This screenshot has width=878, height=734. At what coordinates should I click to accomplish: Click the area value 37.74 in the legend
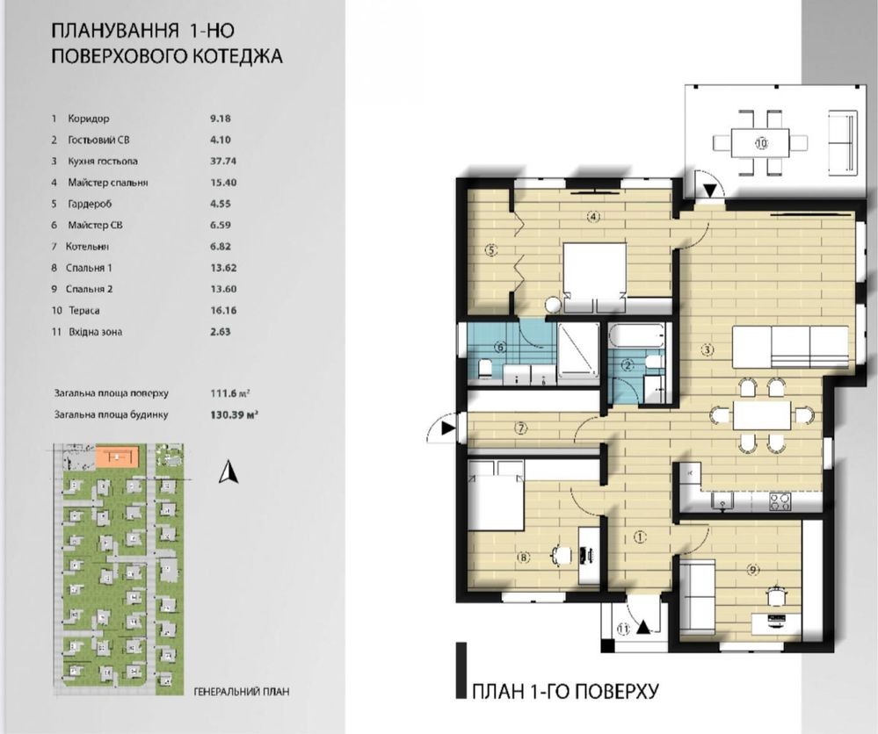223,162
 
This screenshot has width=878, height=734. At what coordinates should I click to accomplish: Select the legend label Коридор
89,119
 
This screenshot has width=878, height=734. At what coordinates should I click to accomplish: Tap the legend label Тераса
84,311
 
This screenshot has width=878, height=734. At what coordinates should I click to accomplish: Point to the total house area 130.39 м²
234,415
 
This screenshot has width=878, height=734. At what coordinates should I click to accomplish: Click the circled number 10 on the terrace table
761,143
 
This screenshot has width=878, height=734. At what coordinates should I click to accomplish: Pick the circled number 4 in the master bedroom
594,216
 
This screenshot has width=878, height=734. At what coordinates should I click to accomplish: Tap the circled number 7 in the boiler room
521,428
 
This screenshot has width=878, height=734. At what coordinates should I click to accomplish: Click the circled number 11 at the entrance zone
623,629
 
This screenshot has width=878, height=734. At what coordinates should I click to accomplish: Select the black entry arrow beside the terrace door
709,191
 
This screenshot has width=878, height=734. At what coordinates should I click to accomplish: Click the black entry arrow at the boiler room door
447,428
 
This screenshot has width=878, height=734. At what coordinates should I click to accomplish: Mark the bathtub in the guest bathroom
639,335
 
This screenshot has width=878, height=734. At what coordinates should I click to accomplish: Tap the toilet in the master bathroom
485,370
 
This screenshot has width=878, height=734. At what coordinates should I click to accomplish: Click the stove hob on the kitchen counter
780,501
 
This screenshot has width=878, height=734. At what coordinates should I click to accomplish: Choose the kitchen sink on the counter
723,501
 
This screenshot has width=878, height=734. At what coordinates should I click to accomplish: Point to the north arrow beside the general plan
229,471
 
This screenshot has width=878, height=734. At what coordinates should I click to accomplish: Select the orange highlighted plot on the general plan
117,457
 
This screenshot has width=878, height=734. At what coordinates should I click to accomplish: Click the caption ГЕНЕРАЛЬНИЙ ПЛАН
242,692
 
